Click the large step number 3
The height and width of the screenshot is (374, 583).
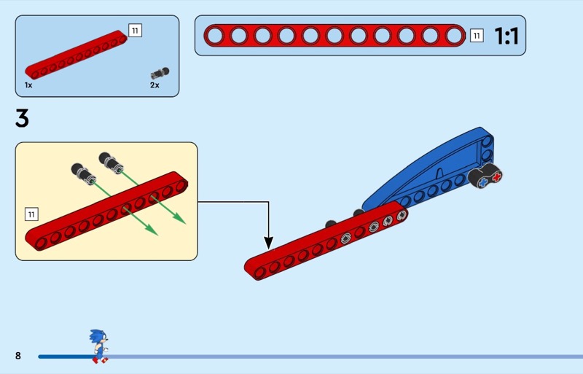pos(22,118)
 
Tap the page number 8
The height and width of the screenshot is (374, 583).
pos(18,356)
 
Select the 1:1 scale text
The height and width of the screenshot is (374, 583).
pos(506,36)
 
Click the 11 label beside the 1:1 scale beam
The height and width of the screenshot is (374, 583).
pos(477,36)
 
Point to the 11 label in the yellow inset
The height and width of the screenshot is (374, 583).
pos(31,214)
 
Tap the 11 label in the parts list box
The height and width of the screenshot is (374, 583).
pos(135,30)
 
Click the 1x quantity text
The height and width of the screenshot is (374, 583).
pos(28,85)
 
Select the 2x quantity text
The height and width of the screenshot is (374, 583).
pos(154,85)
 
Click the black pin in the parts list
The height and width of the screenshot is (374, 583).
pos(160,73)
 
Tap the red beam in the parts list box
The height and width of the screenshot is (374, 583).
pos(77,55)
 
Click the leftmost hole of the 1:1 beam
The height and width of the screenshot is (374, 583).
pos(215,35)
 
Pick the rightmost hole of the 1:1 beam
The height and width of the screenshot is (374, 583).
pos(453,35)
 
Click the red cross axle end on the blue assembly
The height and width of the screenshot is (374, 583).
pos(497,176)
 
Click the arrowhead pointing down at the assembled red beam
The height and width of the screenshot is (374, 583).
pos(268,243)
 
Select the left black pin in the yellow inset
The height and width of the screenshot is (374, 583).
pos(80,172)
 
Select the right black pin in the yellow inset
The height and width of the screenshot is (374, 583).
pos(107,159)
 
